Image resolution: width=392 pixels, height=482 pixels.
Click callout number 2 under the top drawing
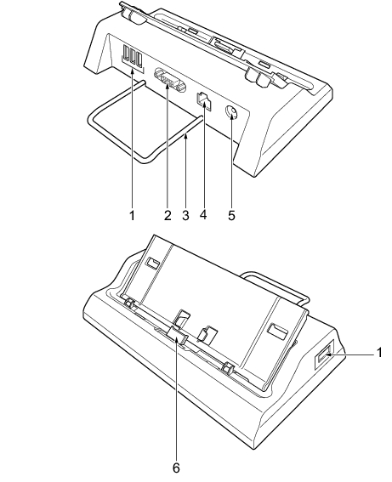click(168, 215)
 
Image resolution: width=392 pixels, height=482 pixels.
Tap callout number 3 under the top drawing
click(185, 215)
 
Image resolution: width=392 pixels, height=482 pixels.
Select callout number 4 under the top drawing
click(203, 214)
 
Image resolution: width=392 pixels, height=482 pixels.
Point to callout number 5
click(231, 215)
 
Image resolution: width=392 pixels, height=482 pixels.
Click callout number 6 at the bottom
click(176, 468)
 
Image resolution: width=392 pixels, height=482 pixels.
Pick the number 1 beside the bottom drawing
click(379, 353)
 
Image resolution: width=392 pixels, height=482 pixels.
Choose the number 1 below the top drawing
click(132, 215)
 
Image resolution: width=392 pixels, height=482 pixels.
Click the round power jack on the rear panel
click(232, 112)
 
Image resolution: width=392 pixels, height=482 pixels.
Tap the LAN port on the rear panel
click(203, 100)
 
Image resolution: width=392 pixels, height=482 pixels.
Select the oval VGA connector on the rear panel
click(170, 80)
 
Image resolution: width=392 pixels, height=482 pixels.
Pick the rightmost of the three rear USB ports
click(139, 60)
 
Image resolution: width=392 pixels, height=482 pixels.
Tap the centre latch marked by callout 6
click(178, 336)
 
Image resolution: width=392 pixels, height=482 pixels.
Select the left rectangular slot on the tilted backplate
click(152, 262)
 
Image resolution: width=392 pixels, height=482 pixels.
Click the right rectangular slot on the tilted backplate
click(277, 330)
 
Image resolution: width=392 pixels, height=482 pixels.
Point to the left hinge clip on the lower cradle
click(130, 303)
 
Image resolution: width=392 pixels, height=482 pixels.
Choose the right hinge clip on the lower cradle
click(228, 367)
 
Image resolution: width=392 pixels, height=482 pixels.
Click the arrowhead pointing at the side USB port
click(328, 354)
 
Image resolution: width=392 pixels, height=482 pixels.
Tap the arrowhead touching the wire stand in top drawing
click(185, 137)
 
